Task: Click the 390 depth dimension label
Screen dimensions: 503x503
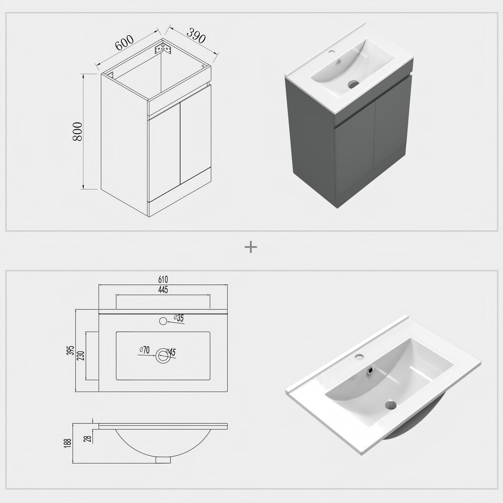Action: (x=196, y=36)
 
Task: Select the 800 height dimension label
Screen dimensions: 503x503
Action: (x=78, y=132)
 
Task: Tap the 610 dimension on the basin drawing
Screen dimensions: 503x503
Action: (x=162, y=281)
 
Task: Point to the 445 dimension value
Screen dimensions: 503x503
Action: (x=162, y=290)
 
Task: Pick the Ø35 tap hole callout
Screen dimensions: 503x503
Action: (x=179, y=318)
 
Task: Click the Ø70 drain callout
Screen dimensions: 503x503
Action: (x=144, y=350)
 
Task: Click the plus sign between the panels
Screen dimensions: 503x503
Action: (x=251, y=247)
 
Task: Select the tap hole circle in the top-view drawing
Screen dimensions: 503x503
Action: (x=163, y=321)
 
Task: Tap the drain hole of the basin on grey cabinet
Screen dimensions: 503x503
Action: (x=353, y=84)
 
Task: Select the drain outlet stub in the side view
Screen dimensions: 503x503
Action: (x=163, y=459)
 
